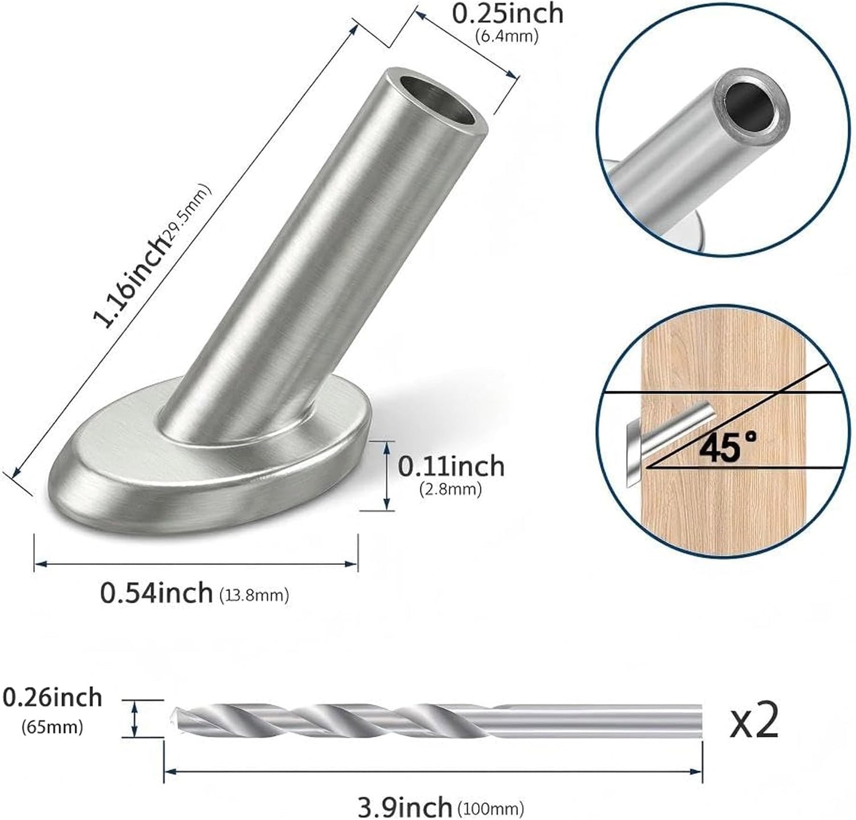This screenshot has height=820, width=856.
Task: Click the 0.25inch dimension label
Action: (508, 14)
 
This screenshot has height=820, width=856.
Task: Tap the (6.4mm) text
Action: (506, 36)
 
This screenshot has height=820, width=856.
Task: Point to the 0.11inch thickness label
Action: (451, 467)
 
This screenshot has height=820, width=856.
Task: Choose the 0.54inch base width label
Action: (156, 593)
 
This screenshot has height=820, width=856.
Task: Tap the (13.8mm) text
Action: (254, 596)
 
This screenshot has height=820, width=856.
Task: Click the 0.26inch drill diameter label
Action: (52, 698)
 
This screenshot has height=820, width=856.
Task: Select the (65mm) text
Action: (52, 727)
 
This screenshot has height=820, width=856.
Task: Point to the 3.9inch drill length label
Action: (405, 807)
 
